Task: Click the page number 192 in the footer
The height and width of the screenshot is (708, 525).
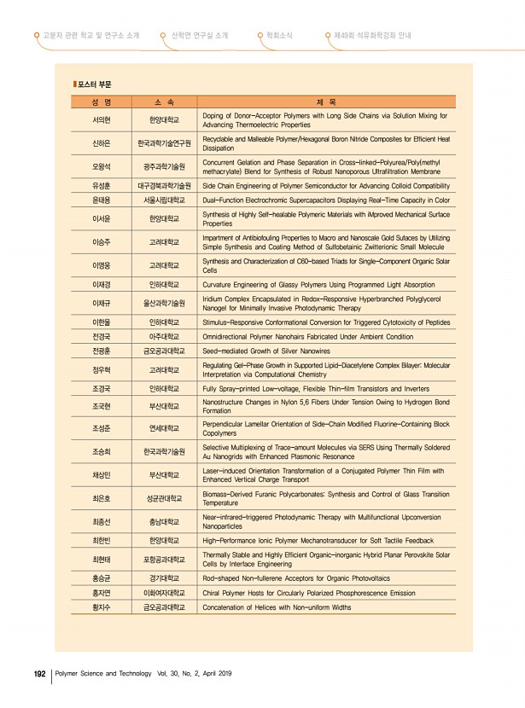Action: (x=38, y=673)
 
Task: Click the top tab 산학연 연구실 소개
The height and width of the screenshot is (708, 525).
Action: (x=199, y=36)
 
